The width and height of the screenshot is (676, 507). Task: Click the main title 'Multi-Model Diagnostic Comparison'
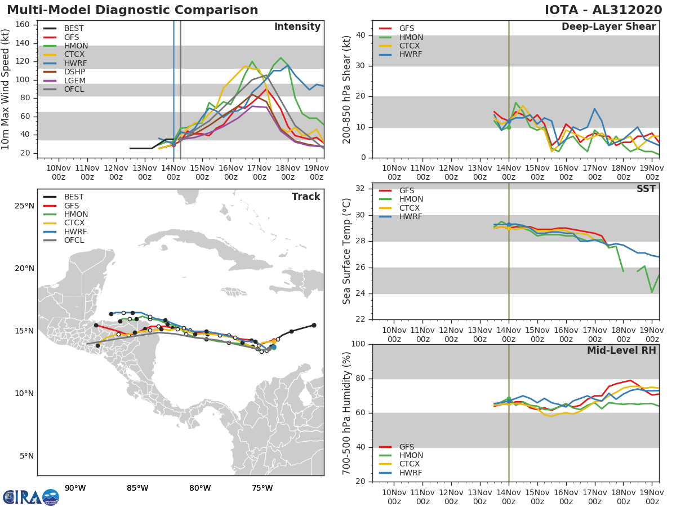point(132,10)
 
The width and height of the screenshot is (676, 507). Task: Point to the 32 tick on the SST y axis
point(360,189)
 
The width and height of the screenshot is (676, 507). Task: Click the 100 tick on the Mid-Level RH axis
point(358,344)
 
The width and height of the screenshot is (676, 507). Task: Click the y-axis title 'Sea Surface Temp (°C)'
point(347,251)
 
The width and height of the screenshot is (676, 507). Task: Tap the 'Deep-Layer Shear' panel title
point(608,27)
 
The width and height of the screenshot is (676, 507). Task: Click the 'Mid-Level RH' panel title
point(621,350)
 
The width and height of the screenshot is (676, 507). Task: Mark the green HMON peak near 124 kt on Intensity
point(281,58)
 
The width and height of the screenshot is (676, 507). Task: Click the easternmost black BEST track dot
point(314,325)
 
